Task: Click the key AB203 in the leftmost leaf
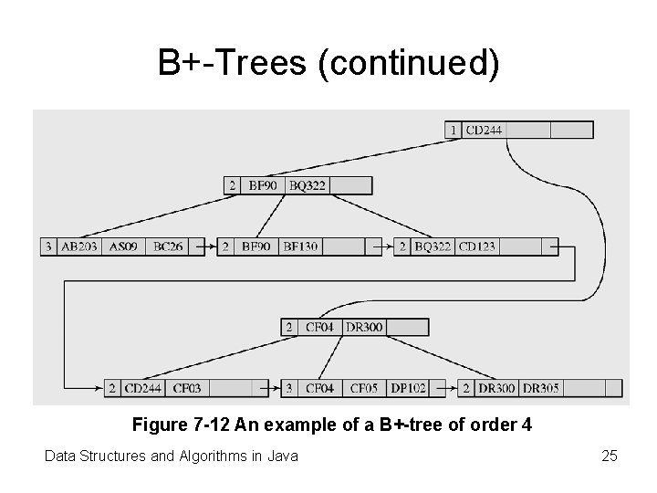pos(78,246)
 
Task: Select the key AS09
pos(123,246)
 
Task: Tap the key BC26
pos(168,246)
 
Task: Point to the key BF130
pos(300,246)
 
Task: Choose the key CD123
pos(476,246)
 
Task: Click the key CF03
pos(186,388)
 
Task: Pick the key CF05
pos(364,388)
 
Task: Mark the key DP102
pos(407,388)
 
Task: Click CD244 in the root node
pos(484,130)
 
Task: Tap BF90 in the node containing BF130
pos(255,246)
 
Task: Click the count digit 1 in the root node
pos(454,130)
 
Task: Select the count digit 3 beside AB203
pos(47,246)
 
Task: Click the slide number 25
pos(610,455)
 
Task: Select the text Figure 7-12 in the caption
pos(182,425)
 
